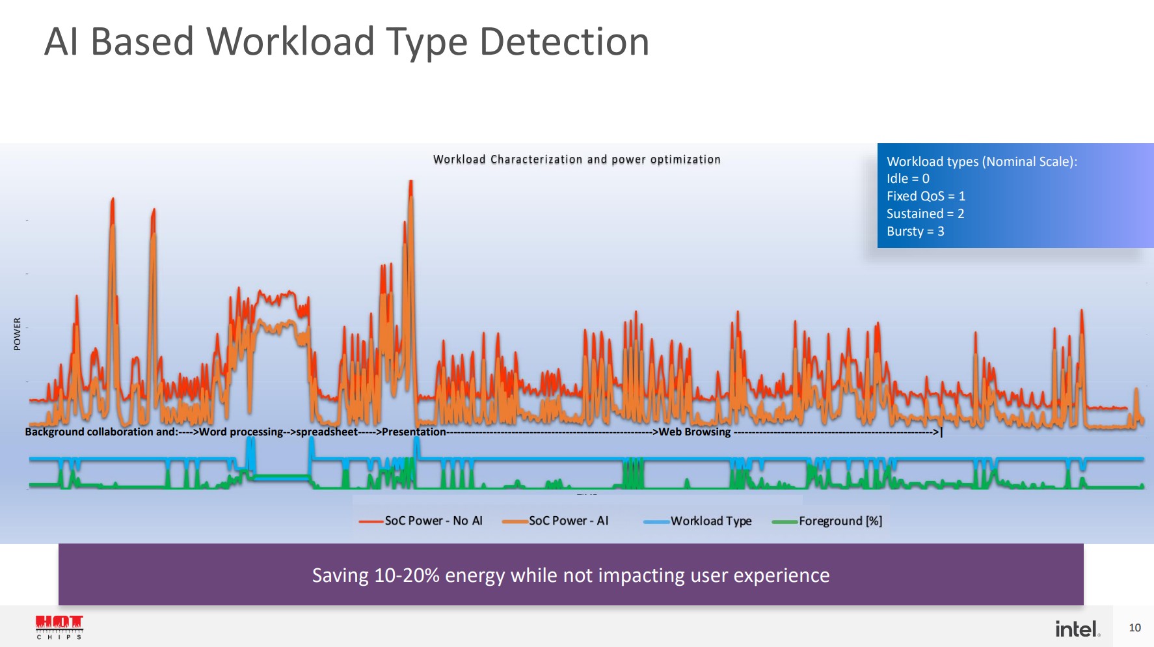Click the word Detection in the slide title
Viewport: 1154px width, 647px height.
pos(564,42)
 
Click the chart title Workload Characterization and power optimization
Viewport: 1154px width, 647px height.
pos(576,159)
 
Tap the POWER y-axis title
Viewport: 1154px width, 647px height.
pos(18,334)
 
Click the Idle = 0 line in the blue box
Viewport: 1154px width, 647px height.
pos(907,178)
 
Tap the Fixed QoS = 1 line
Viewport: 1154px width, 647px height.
pos(925,196)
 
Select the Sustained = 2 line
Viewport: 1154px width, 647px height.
pos(924,213)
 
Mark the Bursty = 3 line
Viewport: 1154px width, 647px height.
pos(915,231)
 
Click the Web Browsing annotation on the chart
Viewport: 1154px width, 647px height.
pos(694,432)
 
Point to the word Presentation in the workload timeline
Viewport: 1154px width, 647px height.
pos(414,432)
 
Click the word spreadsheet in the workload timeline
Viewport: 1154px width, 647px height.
pos(327,432)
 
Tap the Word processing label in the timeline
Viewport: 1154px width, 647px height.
pos(241,432)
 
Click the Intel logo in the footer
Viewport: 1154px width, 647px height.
pos(1077,629)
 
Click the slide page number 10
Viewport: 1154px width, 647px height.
pos(1134,627)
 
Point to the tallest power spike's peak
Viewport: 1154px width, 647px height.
pos(410,182)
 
